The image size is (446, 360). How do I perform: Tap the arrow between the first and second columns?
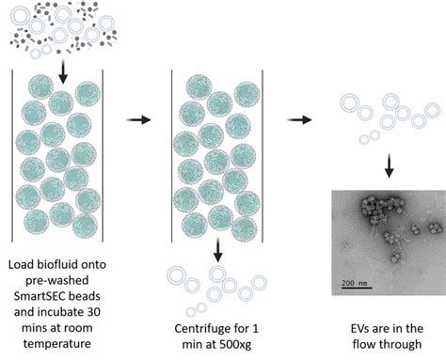click(138, 120)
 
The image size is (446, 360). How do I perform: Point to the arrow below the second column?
click(218, 249)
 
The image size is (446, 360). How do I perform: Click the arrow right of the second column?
click(302, 120)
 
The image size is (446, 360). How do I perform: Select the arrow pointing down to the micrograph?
click(387, 167)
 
